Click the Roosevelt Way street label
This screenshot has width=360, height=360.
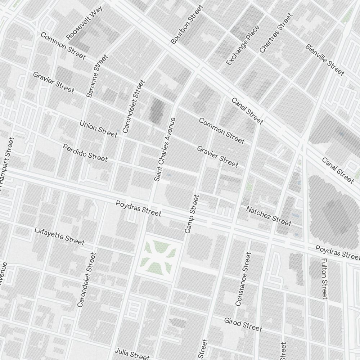coord(85,22)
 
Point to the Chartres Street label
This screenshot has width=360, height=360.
coord(276,33)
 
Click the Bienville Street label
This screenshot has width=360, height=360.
coord(325,60)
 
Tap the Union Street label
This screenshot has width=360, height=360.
coord(98,129)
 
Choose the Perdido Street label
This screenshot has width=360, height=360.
coord(85,153)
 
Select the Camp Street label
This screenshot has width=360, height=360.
coord(192,214)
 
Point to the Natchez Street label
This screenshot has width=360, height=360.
coord(269,216)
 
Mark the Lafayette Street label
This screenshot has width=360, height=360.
coord(59,236)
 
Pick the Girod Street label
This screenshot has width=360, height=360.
coord(243,324)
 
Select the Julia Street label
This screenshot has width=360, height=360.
coord(132,354)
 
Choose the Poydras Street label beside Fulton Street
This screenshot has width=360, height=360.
coord(337,253)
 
